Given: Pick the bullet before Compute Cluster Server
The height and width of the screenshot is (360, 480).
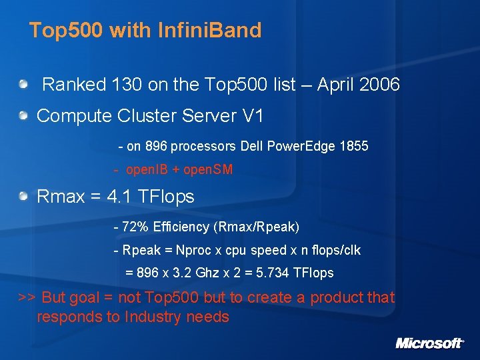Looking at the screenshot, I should (24, 116).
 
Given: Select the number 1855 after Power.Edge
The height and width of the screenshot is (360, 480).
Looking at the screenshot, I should (355, 146).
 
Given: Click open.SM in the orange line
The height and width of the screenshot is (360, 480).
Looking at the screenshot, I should (208, 170).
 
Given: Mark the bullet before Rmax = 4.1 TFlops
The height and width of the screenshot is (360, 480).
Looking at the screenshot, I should (24, 196).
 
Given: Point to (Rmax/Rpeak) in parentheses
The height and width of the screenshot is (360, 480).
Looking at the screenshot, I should (257, 227).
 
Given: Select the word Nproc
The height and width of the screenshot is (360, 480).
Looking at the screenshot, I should (191, 251).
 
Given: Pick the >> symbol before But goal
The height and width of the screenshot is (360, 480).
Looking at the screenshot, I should (27, 297).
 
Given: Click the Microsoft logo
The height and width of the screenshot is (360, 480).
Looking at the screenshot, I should (430, 343).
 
